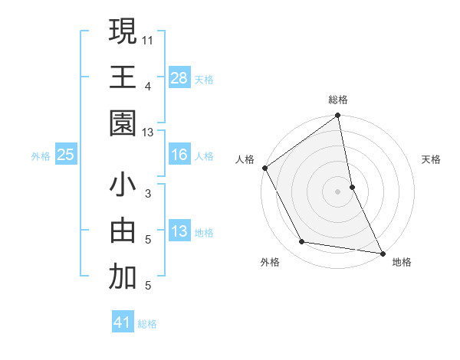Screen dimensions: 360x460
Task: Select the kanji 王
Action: (x=123, y=77)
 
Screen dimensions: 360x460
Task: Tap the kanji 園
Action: (x=123, y=123)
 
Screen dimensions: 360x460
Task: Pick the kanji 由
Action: (x=123, y=231)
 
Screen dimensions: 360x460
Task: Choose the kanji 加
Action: (x=123, y=277)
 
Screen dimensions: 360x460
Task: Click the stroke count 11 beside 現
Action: (x=148, y=39)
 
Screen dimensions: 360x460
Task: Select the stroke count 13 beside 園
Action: (x=148, y=133)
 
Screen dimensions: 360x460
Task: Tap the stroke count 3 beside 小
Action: (x=148, y=194)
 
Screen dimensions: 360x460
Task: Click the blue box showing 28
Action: (x=179, y=77)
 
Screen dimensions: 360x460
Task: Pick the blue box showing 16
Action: (x=179, y=155)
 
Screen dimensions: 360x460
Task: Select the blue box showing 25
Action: (x=66, y=155)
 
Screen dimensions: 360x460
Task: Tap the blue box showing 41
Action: (x=123, y=322)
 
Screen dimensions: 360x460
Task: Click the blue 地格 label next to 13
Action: (x=204, y=232)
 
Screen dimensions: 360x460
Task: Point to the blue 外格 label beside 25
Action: (x=41, y=155)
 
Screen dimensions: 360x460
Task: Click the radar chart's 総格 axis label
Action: (x=338, y=100)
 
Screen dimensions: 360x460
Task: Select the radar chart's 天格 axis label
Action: (x=432, y=159)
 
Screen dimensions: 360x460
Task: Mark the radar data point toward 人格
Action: (x=264, y=168)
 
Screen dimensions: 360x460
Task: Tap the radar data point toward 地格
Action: (x=382, y=253)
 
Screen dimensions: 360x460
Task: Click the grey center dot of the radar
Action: (x=337, y=191)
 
